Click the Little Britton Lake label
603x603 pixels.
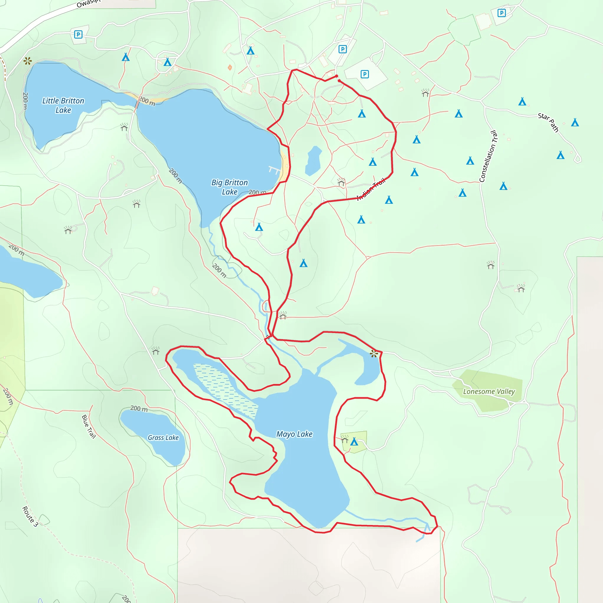[x=63, y=105]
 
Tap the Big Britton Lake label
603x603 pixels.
[x=230, y=187]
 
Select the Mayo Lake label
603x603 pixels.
[x=294, y=434]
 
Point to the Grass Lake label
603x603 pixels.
[x=163, y=438]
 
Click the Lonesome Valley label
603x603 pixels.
[x=489, y=391]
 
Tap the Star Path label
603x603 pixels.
[x=548, y=122]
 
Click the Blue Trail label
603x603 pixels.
[x=89, y=426]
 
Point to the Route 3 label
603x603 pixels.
[x=30, y=516]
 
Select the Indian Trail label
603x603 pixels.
[x=371, y=189]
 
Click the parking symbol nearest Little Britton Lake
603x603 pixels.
[x=78, y=34]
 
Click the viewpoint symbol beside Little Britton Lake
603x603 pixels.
[x=27, y=61]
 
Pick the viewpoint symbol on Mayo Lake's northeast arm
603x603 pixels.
[x=374, y=354]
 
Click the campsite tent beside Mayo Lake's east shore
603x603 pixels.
[x=354, y=441]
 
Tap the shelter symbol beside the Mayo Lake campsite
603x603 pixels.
[x=344, y=440]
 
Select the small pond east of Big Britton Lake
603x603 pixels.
[x=313, y=160]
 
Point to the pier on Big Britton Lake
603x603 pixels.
[x=274, y=170]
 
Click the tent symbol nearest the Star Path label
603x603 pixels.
[x=575, y=123]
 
